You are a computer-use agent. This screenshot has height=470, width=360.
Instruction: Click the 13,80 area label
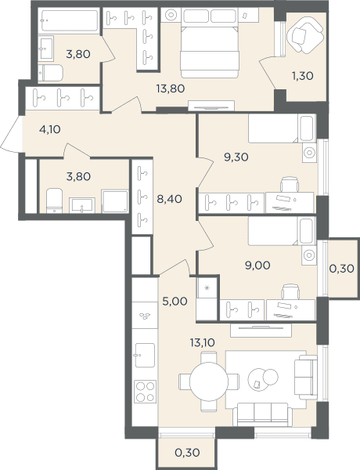tap(171, 89)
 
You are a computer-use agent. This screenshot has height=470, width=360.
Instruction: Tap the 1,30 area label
tap(303, 76)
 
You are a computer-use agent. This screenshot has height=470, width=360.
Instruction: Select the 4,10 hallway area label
tap(50, 129)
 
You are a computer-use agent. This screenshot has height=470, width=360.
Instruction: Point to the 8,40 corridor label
tap(170, 199)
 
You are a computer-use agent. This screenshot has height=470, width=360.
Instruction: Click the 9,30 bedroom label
tap(236, 157)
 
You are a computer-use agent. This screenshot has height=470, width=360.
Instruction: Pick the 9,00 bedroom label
tap(257, 266)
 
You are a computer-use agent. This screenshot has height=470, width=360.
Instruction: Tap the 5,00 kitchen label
tap(175, 302)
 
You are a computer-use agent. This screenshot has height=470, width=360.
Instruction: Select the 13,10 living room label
tap(203, 342)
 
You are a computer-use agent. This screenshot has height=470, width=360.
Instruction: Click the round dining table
tap(209, 381)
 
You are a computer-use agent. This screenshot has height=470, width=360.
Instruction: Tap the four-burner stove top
tap(146, 391)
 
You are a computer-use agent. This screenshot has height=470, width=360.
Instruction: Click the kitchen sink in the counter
tap(145, 355)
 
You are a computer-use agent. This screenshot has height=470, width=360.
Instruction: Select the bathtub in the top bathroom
tap(70, 20)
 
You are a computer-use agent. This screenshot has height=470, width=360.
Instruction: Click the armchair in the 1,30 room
tap(305, 35)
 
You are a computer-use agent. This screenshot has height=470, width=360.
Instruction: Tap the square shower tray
tap(115, 201)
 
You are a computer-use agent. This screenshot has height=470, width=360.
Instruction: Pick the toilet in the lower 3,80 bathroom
tap(55, 201)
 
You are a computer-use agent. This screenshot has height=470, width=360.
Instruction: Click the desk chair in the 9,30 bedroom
tap(290, 184)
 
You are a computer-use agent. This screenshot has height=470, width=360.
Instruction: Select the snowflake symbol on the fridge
tap(207, 288)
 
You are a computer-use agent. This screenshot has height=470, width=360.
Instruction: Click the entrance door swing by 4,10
tap(12, 134)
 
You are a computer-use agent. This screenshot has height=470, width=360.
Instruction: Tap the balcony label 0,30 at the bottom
tap(187, 453)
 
